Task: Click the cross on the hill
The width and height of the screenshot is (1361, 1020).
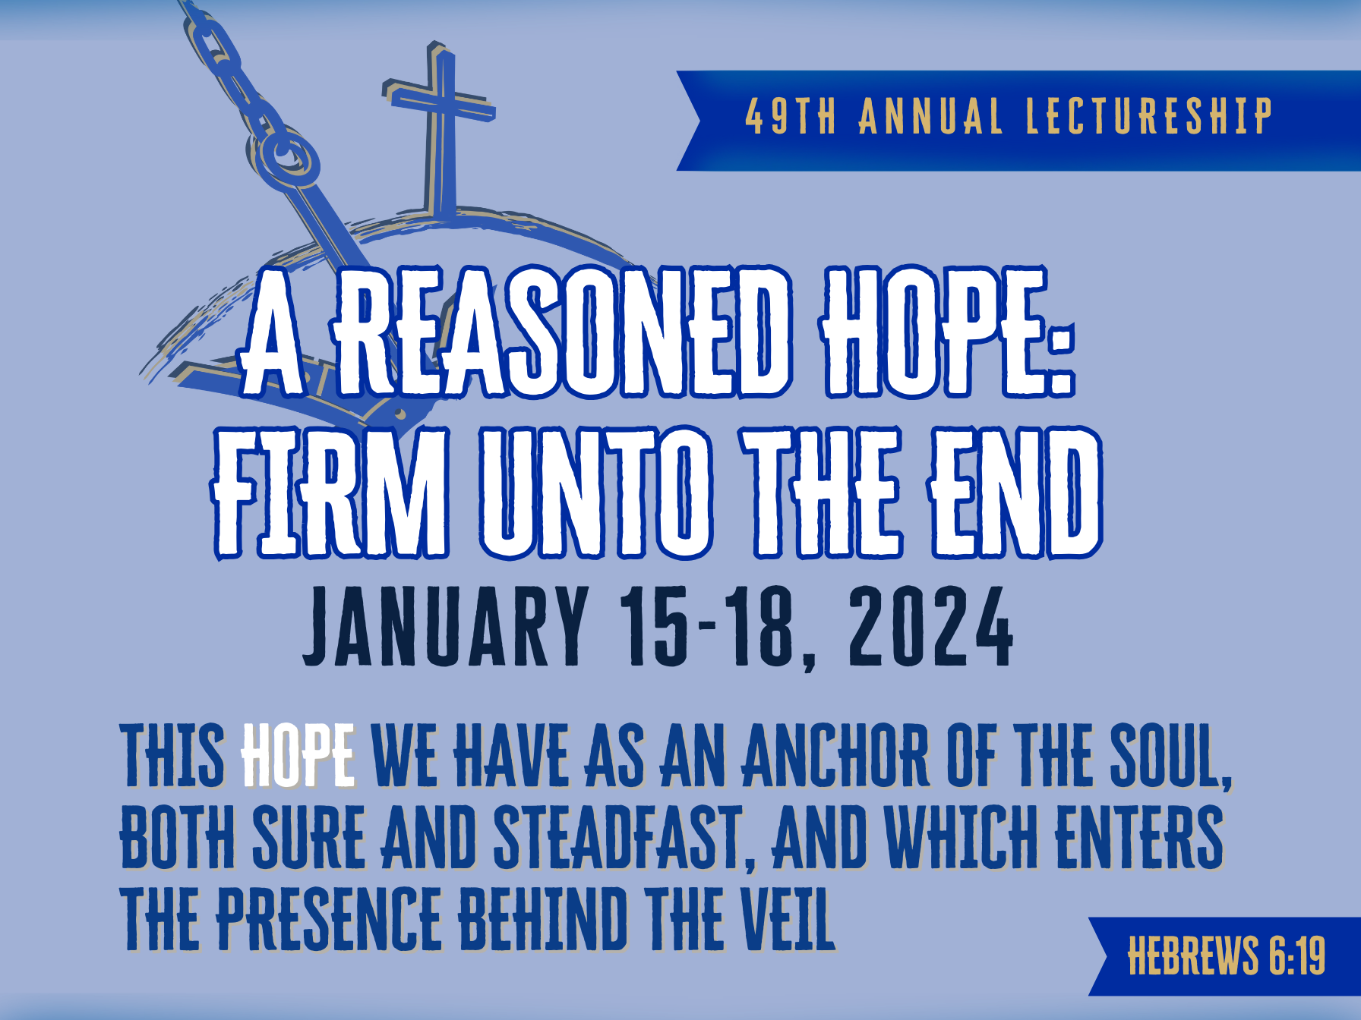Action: tap(440, 114)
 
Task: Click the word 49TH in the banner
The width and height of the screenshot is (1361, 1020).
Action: tap(790, 117)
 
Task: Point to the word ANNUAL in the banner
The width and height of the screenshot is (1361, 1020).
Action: tap(930, 117)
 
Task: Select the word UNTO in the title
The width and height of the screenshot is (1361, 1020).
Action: tap(595, 493)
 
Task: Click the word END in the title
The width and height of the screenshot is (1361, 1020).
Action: tap(1015, 493)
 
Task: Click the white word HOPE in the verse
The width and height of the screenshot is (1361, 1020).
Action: tap(297, 756)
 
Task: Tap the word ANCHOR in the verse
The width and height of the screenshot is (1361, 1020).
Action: tap(834, 756)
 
